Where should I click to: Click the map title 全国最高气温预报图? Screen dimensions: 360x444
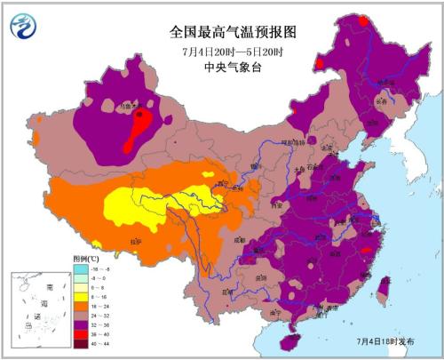coord(232,31)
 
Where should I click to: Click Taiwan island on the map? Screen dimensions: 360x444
coord(384,289)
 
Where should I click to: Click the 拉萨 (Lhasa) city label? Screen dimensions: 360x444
coord(135,241)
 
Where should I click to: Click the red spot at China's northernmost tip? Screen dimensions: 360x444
coord(362,19)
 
